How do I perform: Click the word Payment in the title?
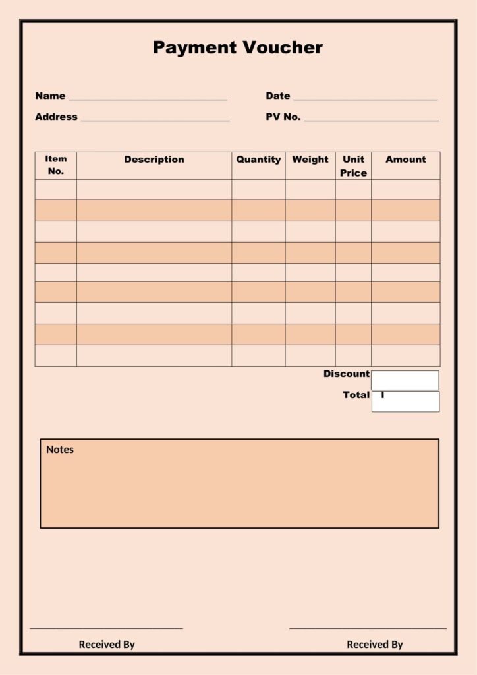point(195,48)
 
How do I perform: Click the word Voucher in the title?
point(283,47)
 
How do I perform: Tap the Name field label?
point(50,96)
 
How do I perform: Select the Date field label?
point(277,96)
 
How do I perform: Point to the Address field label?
point(56,117)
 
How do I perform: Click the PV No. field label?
point(283,117)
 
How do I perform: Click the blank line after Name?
point(148,99)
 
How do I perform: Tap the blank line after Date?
point(365,99)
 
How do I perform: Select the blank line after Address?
point(155,120)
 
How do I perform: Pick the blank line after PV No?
point(371,120)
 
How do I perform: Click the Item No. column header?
point(56,165)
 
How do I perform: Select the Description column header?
point(154,160)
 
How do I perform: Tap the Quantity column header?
point(258,160)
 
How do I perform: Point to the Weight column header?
point(310,160)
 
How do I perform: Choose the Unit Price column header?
point(353,166)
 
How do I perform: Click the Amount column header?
point(405,160)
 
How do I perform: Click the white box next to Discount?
point(405,380)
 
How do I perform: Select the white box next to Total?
point(405,401)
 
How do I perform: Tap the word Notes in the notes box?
point(60,450)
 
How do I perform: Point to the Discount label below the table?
point(346,374)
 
